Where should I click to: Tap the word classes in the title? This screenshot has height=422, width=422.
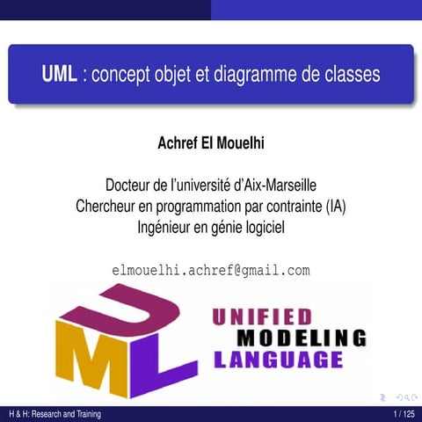pos(351,75)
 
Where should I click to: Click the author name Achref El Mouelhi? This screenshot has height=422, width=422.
pos(211,142)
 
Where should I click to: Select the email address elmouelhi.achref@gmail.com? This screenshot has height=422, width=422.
pos(211,270)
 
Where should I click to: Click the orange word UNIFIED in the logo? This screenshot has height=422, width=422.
pos(263,316)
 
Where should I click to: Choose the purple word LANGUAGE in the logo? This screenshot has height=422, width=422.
pos(278,360)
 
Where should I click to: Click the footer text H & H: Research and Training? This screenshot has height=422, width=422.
pos(51,414)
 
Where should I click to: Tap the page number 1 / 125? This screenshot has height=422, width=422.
pos(404,414)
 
